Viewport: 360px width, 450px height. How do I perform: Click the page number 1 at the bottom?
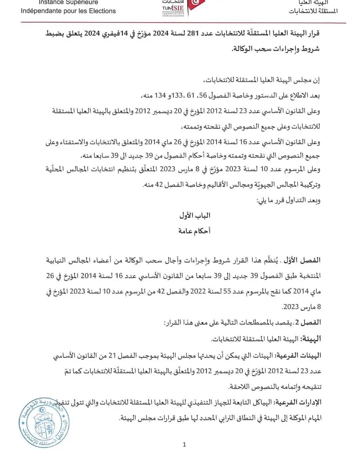click(184, 444)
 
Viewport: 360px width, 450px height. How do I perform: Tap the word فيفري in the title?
click(110, 33)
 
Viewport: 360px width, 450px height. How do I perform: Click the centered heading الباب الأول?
click(195, 215)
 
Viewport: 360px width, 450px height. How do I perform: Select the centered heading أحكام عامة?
click(194, 231)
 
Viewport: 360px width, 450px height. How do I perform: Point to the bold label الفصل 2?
click(310, 322)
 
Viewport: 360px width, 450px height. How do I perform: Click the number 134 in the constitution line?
click(160, 96)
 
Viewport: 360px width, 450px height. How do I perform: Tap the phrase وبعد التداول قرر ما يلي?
click(288, 200)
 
